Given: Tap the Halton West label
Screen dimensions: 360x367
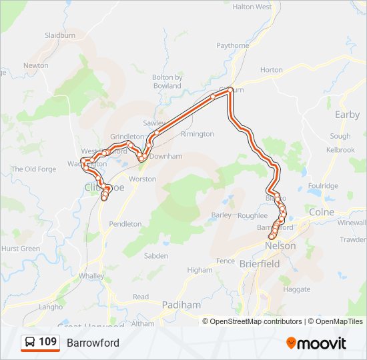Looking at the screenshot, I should (x=252, y=7).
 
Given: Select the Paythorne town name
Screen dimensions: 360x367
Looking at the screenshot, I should (x=232, y=45).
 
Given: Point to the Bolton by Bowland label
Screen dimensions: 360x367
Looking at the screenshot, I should (x=167, y=81).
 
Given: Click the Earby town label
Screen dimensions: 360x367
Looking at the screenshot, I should (x=347, y=115).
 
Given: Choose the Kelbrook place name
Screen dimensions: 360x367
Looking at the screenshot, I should (x=340, y=150).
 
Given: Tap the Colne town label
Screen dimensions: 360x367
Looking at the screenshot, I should (x=322, y=213).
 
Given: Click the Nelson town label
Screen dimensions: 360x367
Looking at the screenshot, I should (x=280, y=246).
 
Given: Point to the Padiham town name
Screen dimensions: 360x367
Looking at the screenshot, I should (x=181, y=305).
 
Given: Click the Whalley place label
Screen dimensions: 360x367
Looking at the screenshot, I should (x=91, y=275).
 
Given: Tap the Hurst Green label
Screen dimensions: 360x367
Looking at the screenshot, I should (x=21, y=249).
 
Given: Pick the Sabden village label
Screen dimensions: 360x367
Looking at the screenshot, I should (x=155, y=256).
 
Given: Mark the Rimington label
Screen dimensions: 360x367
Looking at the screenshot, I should (x=198, y=134).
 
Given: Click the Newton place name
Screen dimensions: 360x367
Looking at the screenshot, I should (x=36, y=65).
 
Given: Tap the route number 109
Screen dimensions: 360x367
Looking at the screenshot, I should (x=48, y=342).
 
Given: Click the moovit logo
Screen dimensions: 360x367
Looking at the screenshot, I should (x=316, y=343).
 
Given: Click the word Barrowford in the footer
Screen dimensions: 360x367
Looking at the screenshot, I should (x=93, y=343).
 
